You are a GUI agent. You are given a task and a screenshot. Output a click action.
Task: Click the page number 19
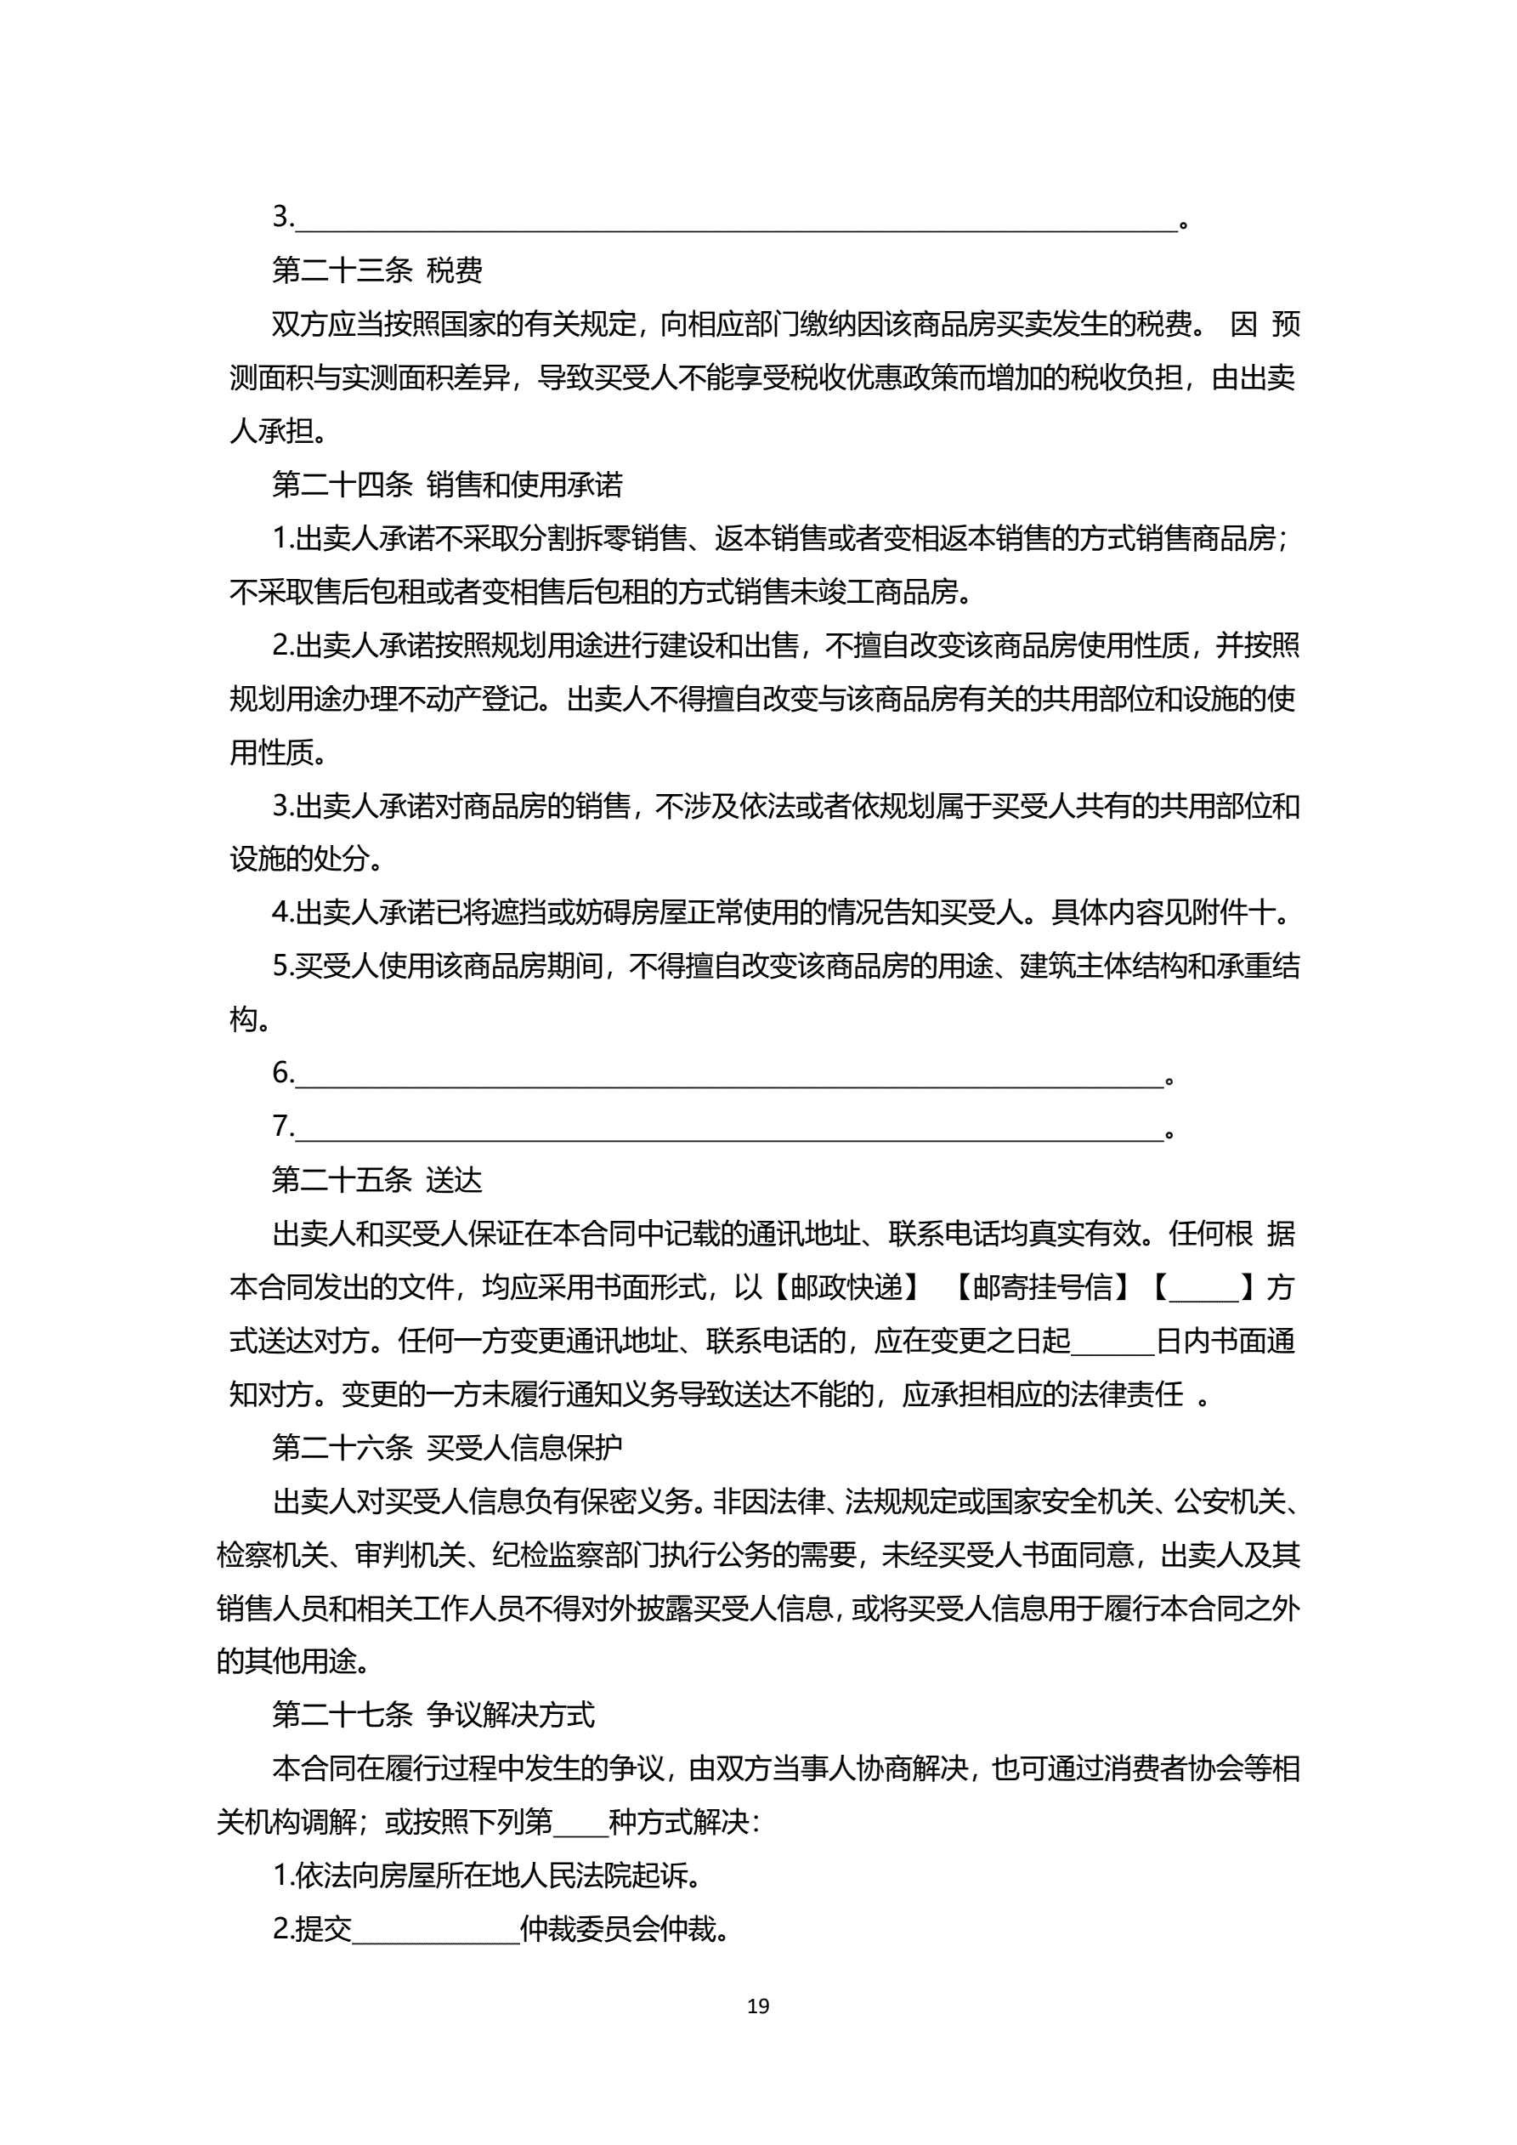pyautogui.click(x=757, y=2006)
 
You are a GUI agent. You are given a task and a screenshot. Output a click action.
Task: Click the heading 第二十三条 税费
pyautogui.click(x=376, y=271)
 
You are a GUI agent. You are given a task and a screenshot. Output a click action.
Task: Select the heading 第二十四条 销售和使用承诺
pyautogui.click(x=446, y=485)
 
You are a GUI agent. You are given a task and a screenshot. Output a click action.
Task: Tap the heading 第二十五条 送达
pyautogui.click(x=376, y=1180)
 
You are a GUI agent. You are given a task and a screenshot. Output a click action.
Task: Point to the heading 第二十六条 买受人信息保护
pyautogui.click(x=446, y=1448)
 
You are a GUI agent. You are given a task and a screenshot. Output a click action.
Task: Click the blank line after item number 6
pyautogui.click(x=729, y=1076)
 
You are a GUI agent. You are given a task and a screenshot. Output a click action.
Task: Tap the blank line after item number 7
pyautogui.click(x=729, y=1130)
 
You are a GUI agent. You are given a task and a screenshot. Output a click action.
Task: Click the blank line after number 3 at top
pyautogui.click(x=736, y=220)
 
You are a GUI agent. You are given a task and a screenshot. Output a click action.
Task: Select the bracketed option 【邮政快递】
pyautogui.click(x=846, y=1287)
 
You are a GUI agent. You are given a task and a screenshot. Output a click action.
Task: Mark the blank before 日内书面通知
pyautogui.click(x=1112, y=1343)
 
